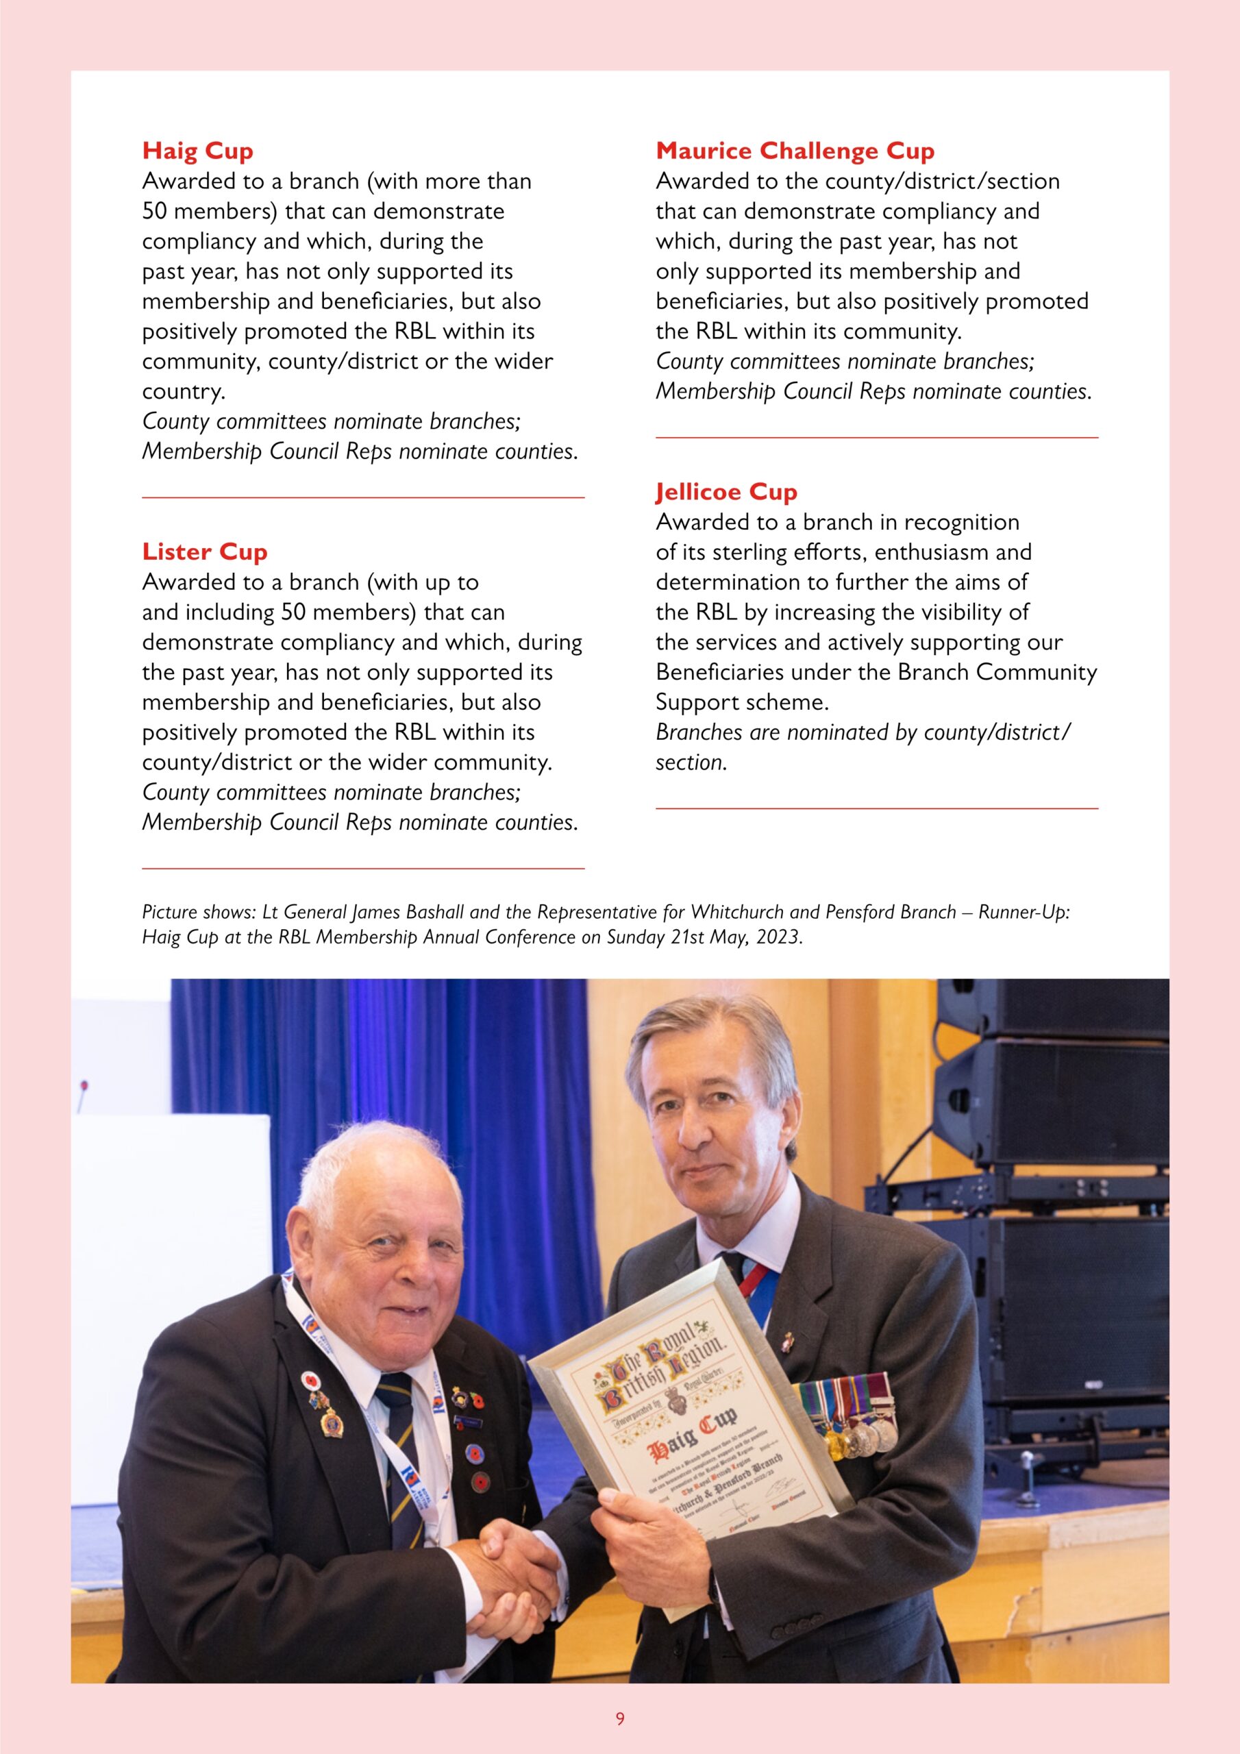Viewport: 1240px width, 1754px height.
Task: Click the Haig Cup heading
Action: [197, 151]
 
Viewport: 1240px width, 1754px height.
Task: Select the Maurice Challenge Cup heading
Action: [795, 151]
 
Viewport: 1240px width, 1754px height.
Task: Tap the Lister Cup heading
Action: [204, 551]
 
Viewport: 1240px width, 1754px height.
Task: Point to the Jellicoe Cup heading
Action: [726, 491]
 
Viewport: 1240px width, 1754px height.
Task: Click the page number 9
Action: [619, 1718]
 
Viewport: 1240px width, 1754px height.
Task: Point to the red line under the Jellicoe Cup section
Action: [876, 808]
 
